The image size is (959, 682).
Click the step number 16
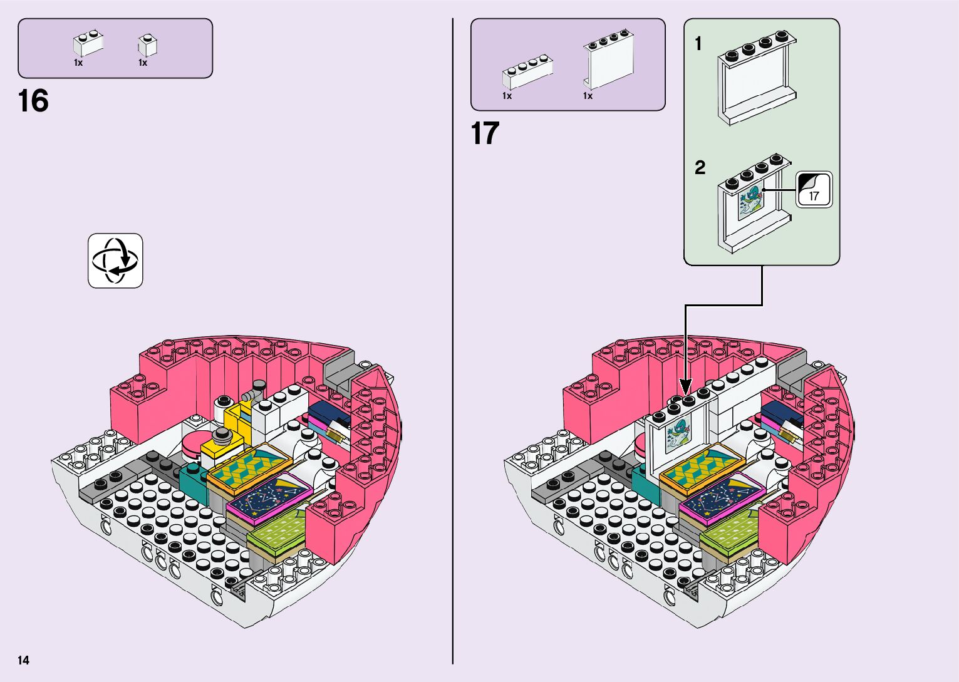33,101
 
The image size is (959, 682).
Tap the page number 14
23,660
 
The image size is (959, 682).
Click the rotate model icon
115,261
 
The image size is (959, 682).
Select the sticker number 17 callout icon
814,190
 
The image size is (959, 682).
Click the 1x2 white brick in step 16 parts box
88,43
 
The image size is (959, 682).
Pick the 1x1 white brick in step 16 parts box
147,45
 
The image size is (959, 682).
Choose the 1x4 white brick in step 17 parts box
526,73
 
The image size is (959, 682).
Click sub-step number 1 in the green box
698,44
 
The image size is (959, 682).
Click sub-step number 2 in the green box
700,167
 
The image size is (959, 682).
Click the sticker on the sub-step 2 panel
750,200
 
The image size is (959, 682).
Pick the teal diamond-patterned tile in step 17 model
702,468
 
